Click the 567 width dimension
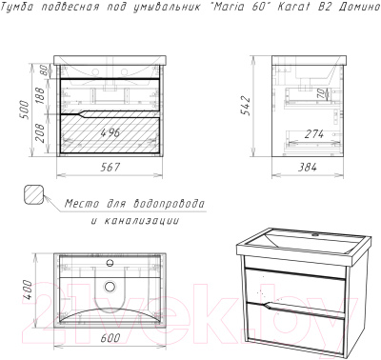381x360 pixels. pyautogui.click(x=110, y=167)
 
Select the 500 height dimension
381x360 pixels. pyautogui.click(x=25, y=110)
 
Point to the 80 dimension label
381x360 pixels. pyautogui.click(x=45, y=70)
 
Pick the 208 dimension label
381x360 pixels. pyautogui.click(x=41, y=133)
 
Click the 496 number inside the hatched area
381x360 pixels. pyautogui.click(x=110, y=132)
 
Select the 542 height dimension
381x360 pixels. pyautogui.click(x=247, y=106)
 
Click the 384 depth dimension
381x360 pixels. pyautogui.click(x=307, y=167)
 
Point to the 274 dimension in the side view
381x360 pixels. pyautogui.click(x=313, y=134)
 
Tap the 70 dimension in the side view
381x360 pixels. pyautogui.click(x=322, y=93)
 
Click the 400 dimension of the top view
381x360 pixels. pyautogui.click(x=28, y=290)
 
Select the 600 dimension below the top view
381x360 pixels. pyautogui.click(x=110, y=338)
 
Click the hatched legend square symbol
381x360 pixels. pyautogui.click(x=33, y=194)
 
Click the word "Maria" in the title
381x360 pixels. pyautogui.click(x=225, y=7)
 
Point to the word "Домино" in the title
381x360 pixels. pyautogui.click(x=359, y=7)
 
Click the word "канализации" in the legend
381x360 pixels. pyautogui.click(x=141, y=220)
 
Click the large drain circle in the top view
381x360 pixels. pyautogui.click(x=110, y=287)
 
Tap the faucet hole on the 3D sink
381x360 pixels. pyautogui.click(x=315, y=235)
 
